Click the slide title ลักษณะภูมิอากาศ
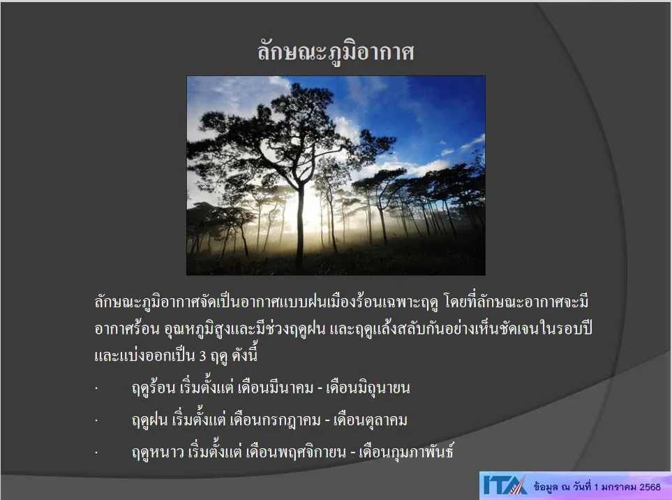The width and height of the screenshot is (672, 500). (x=336, y=52)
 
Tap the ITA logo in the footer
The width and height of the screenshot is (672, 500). (x=505, y=485)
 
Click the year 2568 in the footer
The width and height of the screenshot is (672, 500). (x=650, y=487)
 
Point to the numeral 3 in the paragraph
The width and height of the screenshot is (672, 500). (x=202, y=355)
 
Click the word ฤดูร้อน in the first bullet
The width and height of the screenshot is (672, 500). (x=154, y=388)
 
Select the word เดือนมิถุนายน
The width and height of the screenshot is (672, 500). (x=368, y=388)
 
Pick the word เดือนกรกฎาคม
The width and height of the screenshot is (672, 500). (x=275, y=420)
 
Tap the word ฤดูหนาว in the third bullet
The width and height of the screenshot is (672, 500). (x=158, y=452)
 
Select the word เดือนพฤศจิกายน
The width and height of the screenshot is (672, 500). (x=296, y=452)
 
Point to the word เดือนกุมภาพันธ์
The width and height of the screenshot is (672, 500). (x=406, y=451)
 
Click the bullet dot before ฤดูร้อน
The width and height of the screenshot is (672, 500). (x=96, y=388)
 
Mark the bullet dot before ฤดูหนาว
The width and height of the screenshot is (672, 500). (x=96, y=453)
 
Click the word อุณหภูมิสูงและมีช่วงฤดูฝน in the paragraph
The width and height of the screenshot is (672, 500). (x=245, y=329)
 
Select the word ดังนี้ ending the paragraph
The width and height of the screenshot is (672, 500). (x=244, y=354)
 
